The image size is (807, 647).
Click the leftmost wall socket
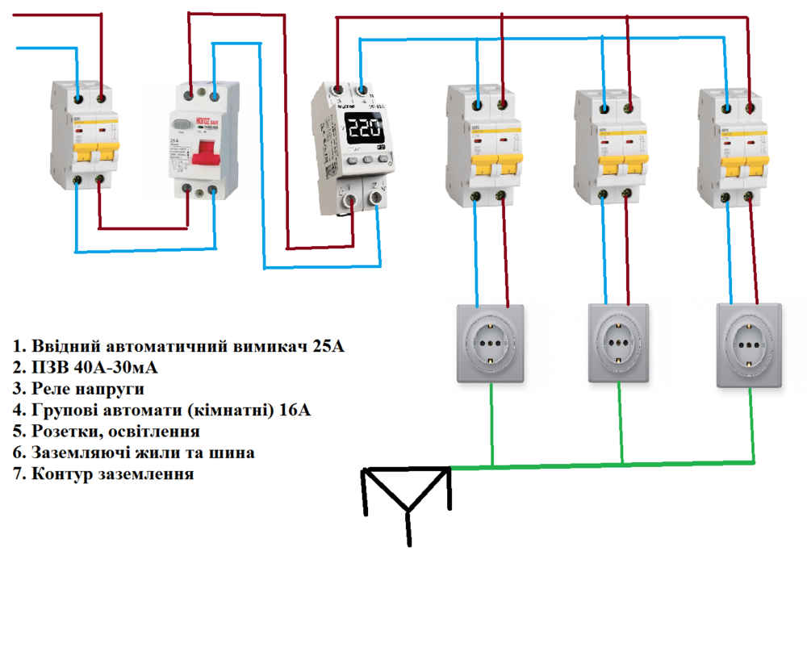(491, 343)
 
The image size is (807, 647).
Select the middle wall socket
(618, 343)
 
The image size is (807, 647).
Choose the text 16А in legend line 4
(295, 411)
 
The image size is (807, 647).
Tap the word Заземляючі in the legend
(77, 453)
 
